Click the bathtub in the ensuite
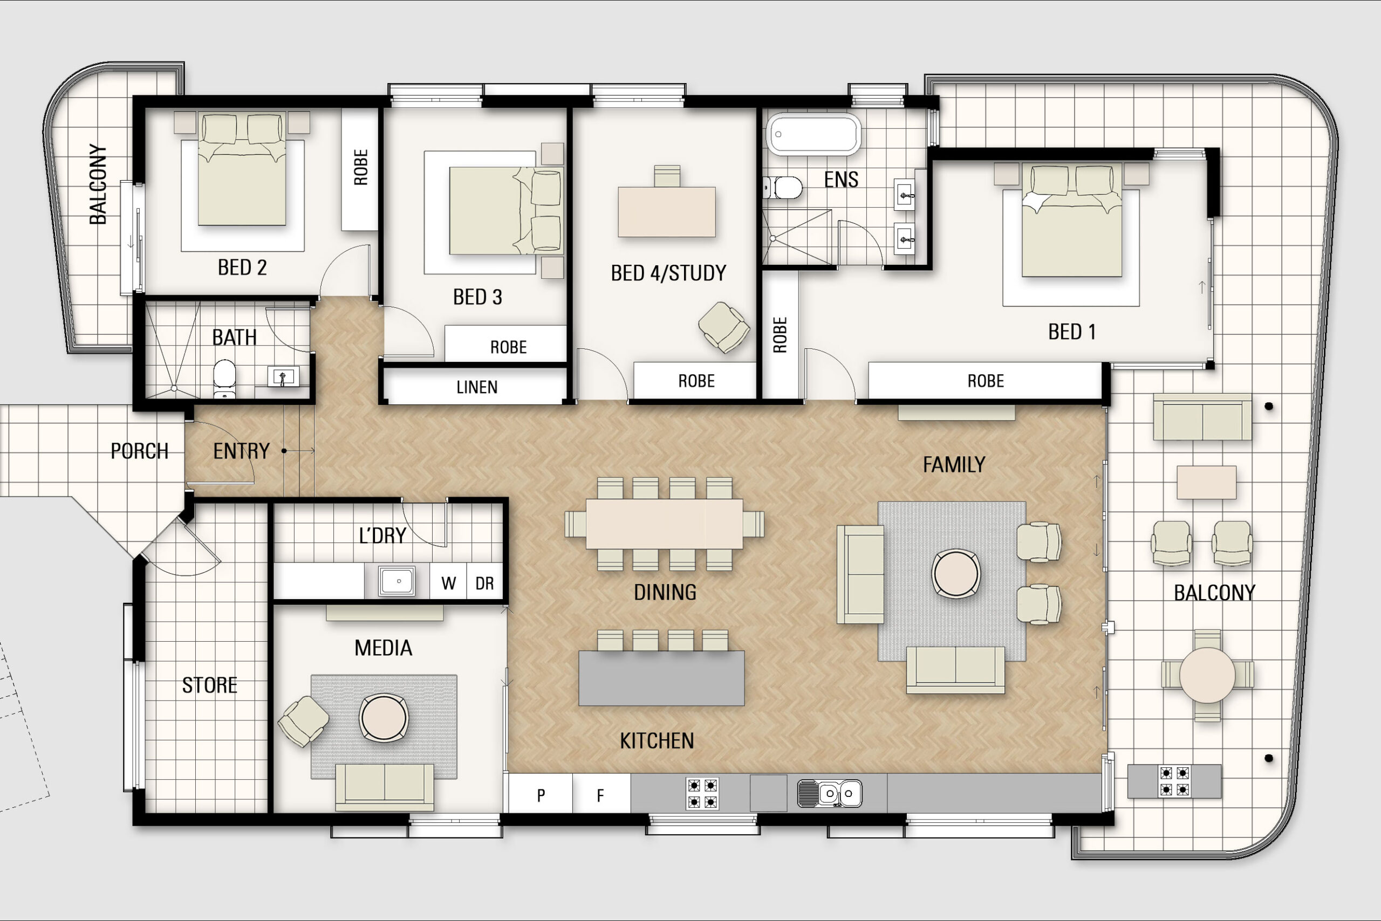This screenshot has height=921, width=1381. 813,134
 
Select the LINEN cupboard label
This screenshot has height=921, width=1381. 476,387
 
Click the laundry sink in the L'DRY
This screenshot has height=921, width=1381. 396,581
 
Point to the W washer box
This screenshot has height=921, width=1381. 448,583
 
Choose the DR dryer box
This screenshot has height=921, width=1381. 484,583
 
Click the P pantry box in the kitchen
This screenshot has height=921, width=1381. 541,795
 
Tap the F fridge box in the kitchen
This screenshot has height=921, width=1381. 600,795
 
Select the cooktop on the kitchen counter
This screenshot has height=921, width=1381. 702,794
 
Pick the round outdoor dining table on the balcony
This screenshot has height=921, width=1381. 1207,676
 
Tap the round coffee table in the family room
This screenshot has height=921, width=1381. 955,573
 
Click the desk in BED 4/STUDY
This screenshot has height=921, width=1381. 666,211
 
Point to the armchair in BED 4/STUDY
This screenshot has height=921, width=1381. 723,327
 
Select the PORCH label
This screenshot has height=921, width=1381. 139,451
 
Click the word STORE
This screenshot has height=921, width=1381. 209,685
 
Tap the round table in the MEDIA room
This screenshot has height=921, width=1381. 383,717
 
